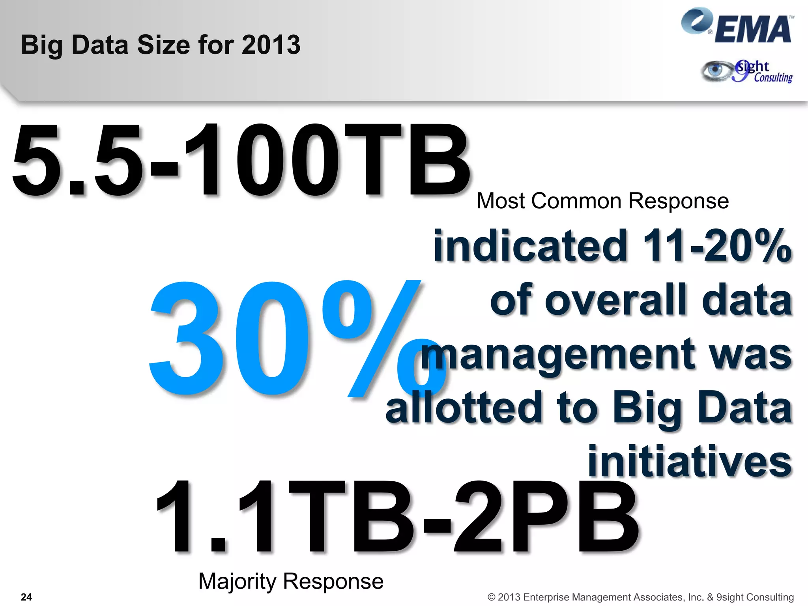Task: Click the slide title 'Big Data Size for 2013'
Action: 161,45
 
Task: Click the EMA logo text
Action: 753,30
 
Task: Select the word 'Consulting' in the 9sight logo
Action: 773,78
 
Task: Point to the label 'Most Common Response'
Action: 602,201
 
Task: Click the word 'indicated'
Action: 530,246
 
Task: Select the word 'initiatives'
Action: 690,461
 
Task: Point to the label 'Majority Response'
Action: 291,581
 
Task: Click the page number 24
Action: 26,597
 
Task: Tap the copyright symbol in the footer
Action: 491,597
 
